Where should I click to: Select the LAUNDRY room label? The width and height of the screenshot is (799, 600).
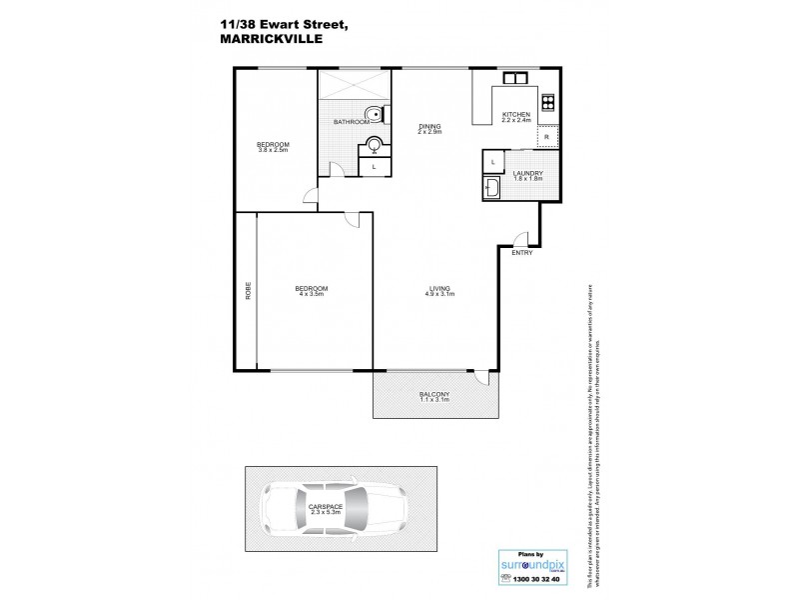(528, 174)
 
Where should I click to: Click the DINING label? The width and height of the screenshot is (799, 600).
(430, 126)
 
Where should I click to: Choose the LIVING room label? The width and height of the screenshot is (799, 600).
(439, 288)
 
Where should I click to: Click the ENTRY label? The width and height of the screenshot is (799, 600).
(521, 252)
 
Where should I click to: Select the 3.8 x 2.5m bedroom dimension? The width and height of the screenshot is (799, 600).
(274, 151)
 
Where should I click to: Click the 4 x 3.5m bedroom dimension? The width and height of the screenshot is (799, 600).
(312, 294)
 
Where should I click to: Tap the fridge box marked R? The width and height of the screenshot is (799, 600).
(547, 136)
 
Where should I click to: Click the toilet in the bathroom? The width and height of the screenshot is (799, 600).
(373, 113)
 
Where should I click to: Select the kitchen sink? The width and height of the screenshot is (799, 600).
(516, 79)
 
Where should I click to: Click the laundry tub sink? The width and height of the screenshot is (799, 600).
(492, 187)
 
